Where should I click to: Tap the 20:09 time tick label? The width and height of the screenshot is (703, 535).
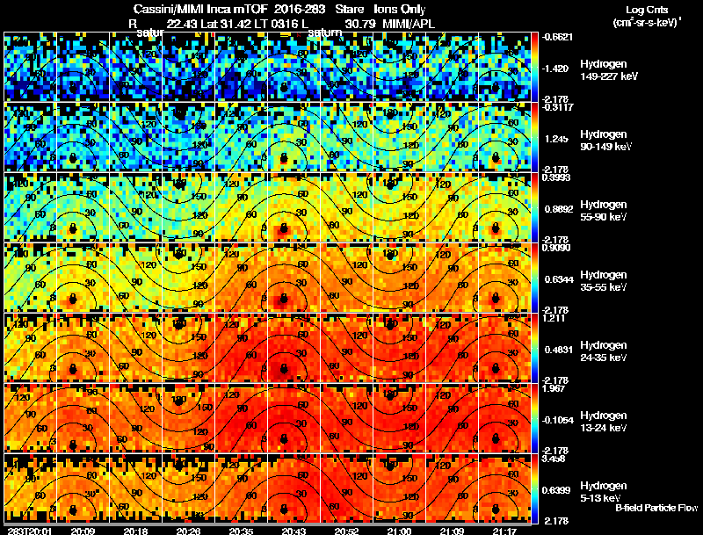83,531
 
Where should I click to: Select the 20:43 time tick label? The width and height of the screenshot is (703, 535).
294,531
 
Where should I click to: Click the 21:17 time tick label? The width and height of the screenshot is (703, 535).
504,531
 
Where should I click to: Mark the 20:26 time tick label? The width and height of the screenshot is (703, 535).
188,531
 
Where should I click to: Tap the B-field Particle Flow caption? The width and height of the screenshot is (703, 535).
656,508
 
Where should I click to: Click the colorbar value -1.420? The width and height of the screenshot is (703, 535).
556,68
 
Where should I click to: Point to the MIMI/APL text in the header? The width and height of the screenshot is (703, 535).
409,24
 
